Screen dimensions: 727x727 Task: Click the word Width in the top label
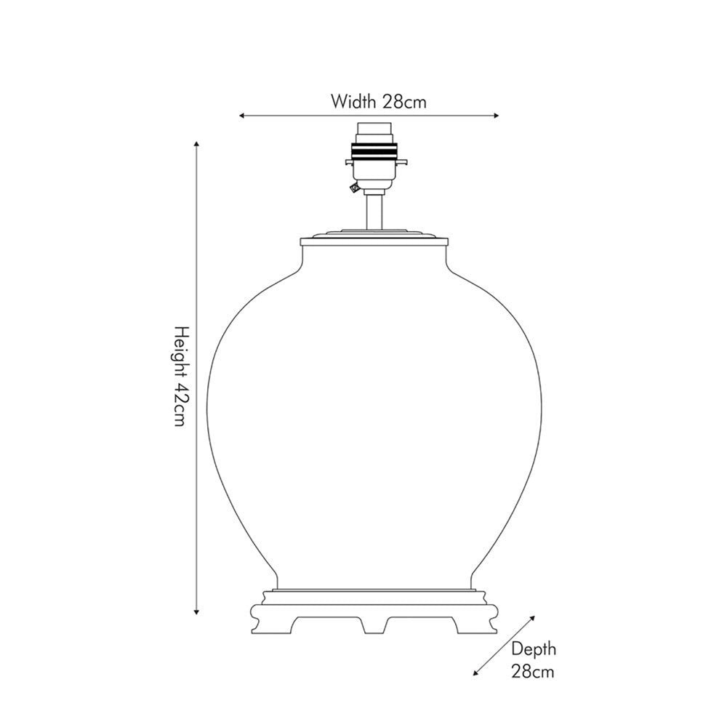tap(353, 101)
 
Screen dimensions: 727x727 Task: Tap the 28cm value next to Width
tap(403, 102)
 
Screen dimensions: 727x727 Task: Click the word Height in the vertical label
tap(182, 350)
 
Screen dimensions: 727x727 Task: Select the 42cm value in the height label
tap(180, 405)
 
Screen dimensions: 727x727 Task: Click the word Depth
tap(533, 649)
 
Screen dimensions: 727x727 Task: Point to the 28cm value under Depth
tap(533, 671)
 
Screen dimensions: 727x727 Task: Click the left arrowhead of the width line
tap(241, 116)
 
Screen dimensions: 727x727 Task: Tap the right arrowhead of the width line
tap(497, 116)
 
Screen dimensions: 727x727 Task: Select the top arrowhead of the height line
tap(196, 144)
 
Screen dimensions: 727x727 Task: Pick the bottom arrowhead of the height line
tap(196, 612)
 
